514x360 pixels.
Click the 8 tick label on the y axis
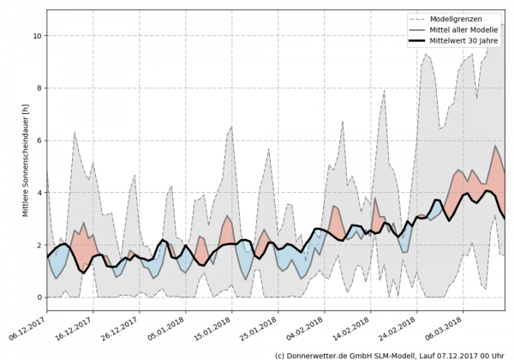tap(38, 88)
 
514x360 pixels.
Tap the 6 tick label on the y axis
tap(38, 141)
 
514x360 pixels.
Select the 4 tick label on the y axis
tap(38, 193)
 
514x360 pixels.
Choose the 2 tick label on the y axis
tap(38, 245)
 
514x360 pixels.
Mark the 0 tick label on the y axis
tap(38, 297)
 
